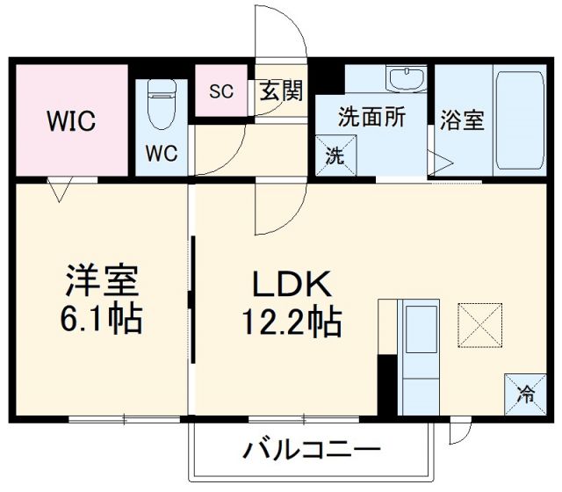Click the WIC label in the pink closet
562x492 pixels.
(x=70, y=121)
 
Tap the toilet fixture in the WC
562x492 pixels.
(x=162, y=104)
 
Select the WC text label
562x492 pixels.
(x=162, y=153)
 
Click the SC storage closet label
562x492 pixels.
(x=220, y=91)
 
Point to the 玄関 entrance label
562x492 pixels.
(x=280, y=91)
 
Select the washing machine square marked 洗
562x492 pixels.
(x=335, y=156)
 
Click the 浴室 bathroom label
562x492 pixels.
(x=462, y=119)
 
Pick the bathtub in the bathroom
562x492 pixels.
(x=520, y=120)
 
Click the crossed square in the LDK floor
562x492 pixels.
(x=479, y=325)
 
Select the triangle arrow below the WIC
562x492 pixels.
(x=60, y=188)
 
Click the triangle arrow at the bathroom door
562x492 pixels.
(x=439, y=162)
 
